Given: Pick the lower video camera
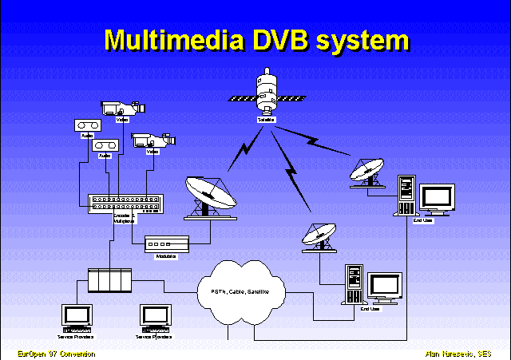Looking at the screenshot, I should point(149,139).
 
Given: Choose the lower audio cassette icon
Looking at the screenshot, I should point(105,146).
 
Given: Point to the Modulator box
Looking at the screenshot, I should point(166,243).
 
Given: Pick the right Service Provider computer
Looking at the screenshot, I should point(156,317).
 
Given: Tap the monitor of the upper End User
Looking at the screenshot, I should point(437,197).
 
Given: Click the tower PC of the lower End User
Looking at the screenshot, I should point(352,283).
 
